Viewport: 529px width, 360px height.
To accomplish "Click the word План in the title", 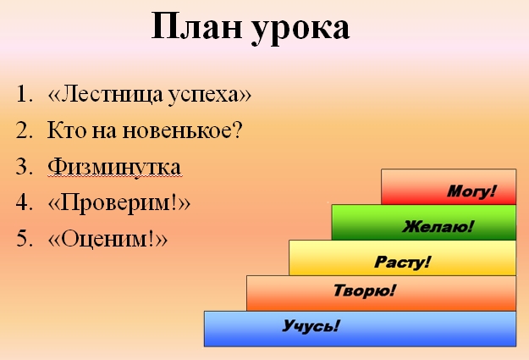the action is coord(196,26).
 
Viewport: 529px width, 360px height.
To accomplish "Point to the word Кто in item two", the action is coord(67,130).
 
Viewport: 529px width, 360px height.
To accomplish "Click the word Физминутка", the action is coord(114,168).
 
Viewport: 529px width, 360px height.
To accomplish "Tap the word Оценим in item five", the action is coord(105,239).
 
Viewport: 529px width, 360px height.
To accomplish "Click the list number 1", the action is coord(25,94).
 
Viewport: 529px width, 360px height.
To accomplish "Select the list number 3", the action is coord(25,167).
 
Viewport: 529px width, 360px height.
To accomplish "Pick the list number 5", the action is coord(25,238).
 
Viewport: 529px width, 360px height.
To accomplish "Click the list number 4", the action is coord(25,202).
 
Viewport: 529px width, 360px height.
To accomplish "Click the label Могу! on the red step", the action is coord(471,191).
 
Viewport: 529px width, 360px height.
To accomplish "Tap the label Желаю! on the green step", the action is coord(438,226).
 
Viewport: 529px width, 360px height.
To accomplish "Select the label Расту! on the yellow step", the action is coord(403,262).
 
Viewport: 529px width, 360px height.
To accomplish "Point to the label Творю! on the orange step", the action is coord(364,291).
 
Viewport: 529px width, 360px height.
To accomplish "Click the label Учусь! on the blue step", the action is coord(311,326).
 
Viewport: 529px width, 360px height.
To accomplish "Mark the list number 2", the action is coord(25,130).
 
